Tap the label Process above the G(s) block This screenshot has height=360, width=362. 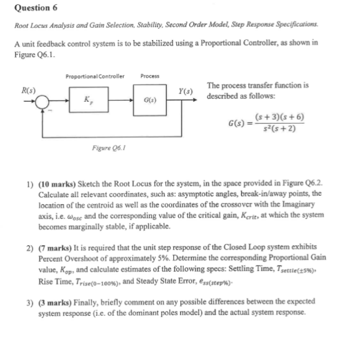(150, 76)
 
